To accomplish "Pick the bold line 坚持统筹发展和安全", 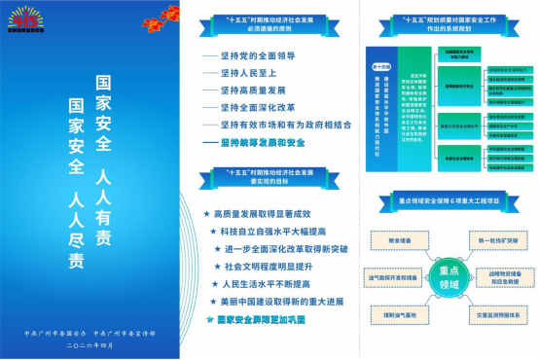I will pos(265,142).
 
